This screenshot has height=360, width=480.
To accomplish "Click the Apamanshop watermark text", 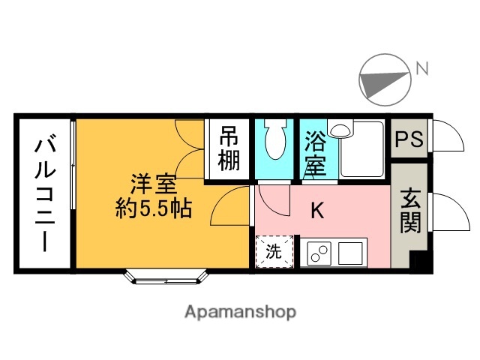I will pos(240,311).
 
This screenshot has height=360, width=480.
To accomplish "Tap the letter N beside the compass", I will pos(422,70).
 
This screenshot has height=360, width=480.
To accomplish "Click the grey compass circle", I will pos(385,81).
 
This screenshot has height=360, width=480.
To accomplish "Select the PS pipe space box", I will pos(409,139).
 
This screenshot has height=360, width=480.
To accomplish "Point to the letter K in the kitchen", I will pos(317,211).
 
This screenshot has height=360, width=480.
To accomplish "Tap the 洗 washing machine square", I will pos(274,253).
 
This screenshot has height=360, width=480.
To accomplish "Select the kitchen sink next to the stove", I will pos(350,253).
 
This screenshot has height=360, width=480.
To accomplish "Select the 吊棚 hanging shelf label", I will pos(229,148).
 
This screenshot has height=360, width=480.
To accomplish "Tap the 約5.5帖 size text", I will pos(154,208).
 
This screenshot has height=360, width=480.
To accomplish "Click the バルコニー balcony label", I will pos(43,193).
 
